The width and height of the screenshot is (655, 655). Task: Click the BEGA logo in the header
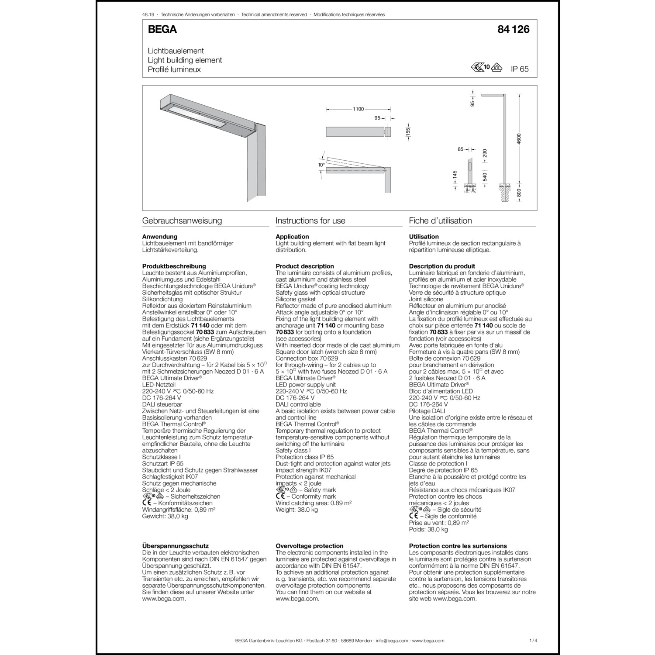(x=162, y=30)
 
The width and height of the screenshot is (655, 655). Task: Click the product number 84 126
(x=513, y=30)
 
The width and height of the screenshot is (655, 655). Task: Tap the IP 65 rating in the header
(x=520, y=69)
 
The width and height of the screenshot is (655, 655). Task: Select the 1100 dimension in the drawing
(x=358, y=109)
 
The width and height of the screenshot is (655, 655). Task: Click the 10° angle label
(x=321, y=165)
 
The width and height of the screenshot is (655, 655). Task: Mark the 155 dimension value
(x=408, y=131)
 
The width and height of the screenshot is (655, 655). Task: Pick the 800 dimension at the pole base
(x=519, y=193)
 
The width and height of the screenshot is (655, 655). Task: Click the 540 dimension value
(x=485, y=177)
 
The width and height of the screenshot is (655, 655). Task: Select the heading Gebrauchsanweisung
(x=182, y=221)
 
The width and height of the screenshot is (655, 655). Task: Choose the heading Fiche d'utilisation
(x=440, y=221)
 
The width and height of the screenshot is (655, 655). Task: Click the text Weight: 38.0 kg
(x=297, y=510)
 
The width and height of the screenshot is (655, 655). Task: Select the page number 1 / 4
(x=533, y=641)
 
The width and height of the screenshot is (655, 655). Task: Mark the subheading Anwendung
(x=160, y=237)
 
